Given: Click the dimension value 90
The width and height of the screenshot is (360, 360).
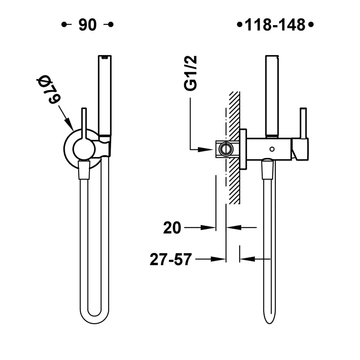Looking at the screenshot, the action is coord(88,25).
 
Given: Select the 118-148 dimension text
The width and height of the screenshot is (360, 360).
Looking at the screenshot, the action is coord(275,25).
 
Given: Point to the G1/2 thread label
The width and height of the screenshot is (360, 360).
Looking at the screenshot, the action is coord(190,73).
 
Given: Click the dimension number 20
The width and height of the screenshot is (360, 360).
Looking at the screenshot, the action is coord(172,228).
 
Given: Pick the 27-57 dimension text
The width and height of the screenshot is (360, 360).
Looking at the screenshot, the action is coord(170,259).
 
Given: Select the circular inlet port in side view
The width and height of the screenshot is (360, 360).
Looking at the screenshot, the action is coord(226,149).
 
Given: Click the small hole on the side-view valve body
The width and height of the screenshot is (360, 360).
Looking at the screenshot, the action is coord(272,149).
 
